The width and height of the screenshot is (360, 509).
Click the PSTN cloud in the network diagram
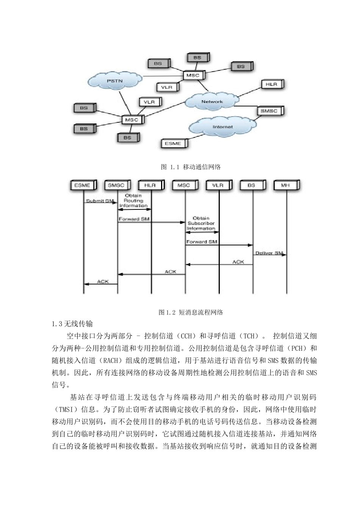(x=114, y=81)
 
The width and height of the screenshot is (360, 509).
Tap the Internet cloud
(x=222, y=127)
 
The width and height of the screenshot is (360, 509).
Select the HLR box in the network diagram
(x=271, y=84)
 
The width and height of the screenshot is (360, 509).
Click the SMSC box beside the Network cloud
(x=269, y=111)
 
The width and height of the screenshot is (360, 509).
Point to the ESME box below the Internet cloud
(x=173, y=144)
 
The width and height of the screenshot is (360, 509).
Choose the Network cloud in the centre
(x=212, y=101)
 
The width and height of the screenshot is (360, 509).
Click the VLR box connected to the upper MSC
(x=167, y=87)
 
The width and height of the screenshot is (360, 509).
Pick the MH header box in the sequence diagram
(x=286, y=185)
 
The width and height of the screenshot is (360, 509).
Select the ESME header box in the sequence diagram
(x=83, y=185)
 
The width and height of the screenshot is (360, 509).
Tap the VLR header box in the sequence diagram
(x=218, y=185)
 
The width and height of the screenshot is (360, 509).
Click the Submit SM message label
(x=100, y=201)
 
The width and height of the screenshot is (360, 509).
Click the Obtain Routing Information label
(x=133, y=201)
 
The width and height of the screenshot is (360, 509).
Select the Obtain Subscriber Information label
(x=201, y=223)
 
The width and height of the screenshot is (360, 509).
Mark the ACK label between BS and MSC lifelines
(x=238, y=262)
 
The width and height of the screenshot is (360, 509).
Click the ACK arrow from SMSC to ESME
(x=101, y=284)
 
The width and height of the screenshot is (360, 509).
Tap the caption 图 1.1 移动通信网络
(x=191, y=167)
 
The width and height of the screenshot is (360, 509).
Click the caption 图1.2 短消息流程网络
(x=191, y=312)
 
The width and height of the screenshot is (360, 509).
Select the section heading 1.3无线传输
(x=72, y=324)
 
